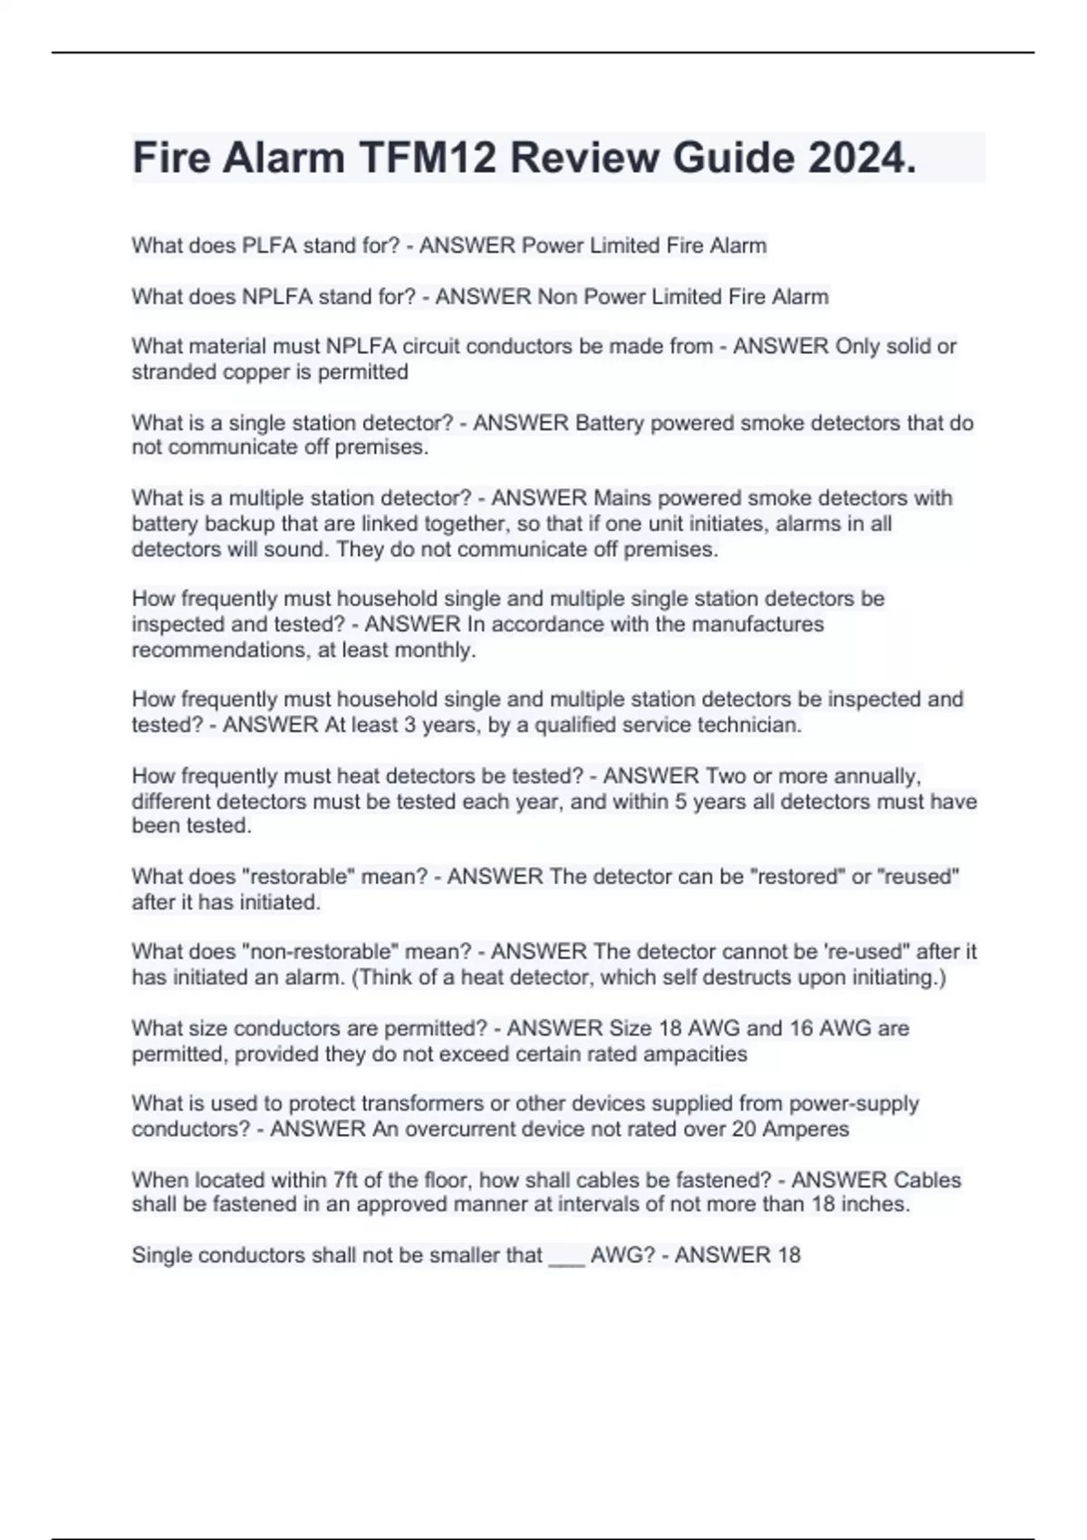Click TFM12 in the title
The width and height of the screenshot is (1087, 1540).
(428, 158)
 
